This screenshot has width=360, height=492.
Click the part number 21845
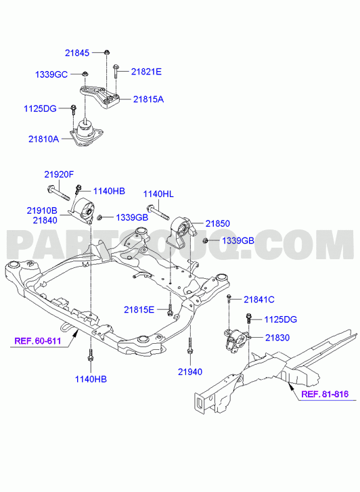(77, 53)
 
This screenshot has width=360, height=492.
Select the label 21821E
(146, 72)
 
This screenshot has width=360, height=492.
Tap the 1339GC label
(51, 74)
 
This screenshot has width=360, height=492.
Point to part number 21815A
(148, 99)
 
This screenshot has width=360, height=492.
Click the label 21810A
(43, 139)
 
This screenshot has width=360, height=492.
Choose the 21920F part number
(59, 175)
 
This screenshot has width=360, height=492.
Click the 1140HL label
(158, 194)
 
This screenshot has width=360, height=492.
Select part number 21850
(218, 224)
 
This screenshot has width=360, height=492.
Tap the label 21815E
(139, 310)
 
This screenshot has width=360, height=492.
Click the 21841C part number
(259, 300)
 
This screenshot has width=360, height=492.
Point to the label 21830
(277, 338)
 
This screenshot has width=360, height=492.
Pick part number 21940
(190, 372)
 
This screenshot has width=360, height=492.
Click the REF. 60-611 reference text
(38, 341)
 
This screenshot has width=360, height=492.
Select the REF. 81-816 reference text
(325, 394)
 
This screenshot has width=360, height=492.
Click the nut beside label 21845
(107, 52)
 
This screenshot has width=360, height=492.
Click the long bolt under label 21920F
(58, 193)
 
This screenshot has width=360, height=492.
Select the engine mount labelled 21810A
(86, 133)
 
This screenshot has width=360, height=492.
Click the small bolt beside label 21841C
(229, 298)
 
